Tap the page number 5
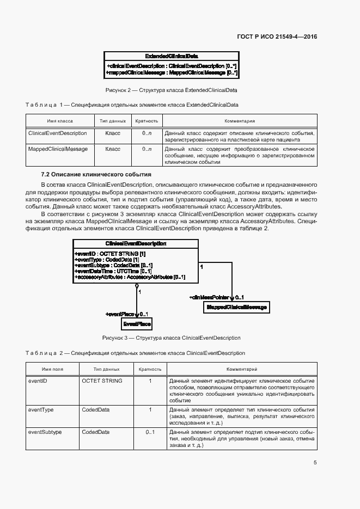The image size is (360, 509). (x=315, y=463)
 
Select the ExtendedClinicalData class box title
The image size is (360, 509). (x=172, y=56)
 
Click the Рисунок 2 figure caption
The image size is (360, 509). (x=171, y=89)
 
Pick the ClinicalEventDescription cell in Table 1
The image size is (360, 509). (x=57, y=133)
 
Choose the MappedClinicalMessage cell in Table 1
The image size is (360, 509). (x=58, y=149)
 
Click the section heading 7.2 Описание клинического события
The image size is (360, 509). (x=96, y=174)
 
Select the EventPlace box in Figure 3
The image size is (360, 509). (x=136, y=324)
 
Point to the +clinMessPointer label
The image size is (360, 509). (x=210, y=297)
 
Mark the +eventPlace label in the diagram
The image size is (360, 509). (x=120, y=314)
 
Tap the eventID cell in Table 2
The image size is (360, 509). (x=38, y=381)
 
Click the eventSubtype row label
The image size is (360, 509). (x=44, y=432)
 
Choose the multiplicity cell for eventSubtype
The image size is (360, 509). (x=150, y=432)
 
